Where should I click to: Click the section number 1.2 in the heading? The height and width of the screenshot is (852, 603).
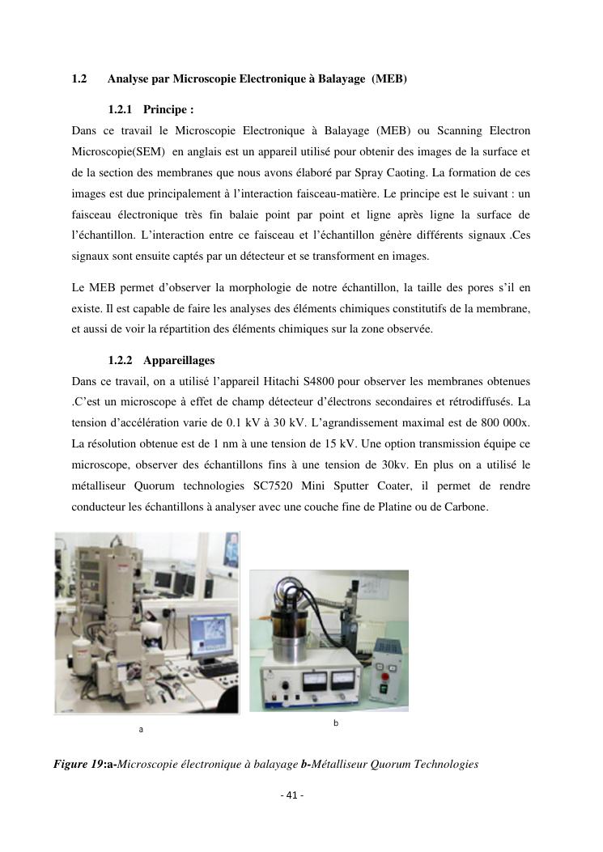79,78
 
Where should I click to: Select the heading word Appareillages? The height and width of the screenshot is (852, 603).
179,360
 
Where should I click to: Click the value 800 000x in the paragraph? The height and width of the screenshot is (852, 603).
507,423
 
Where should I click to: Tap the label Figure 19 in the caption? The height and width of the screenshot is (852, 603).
78,764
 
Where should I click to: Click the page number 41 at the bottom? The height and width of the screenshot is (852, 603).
291,795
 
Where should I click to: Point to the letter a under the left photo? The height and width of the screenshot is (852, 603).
141,730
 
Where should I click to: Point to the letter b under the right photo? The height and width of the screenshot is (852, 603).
335,723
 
